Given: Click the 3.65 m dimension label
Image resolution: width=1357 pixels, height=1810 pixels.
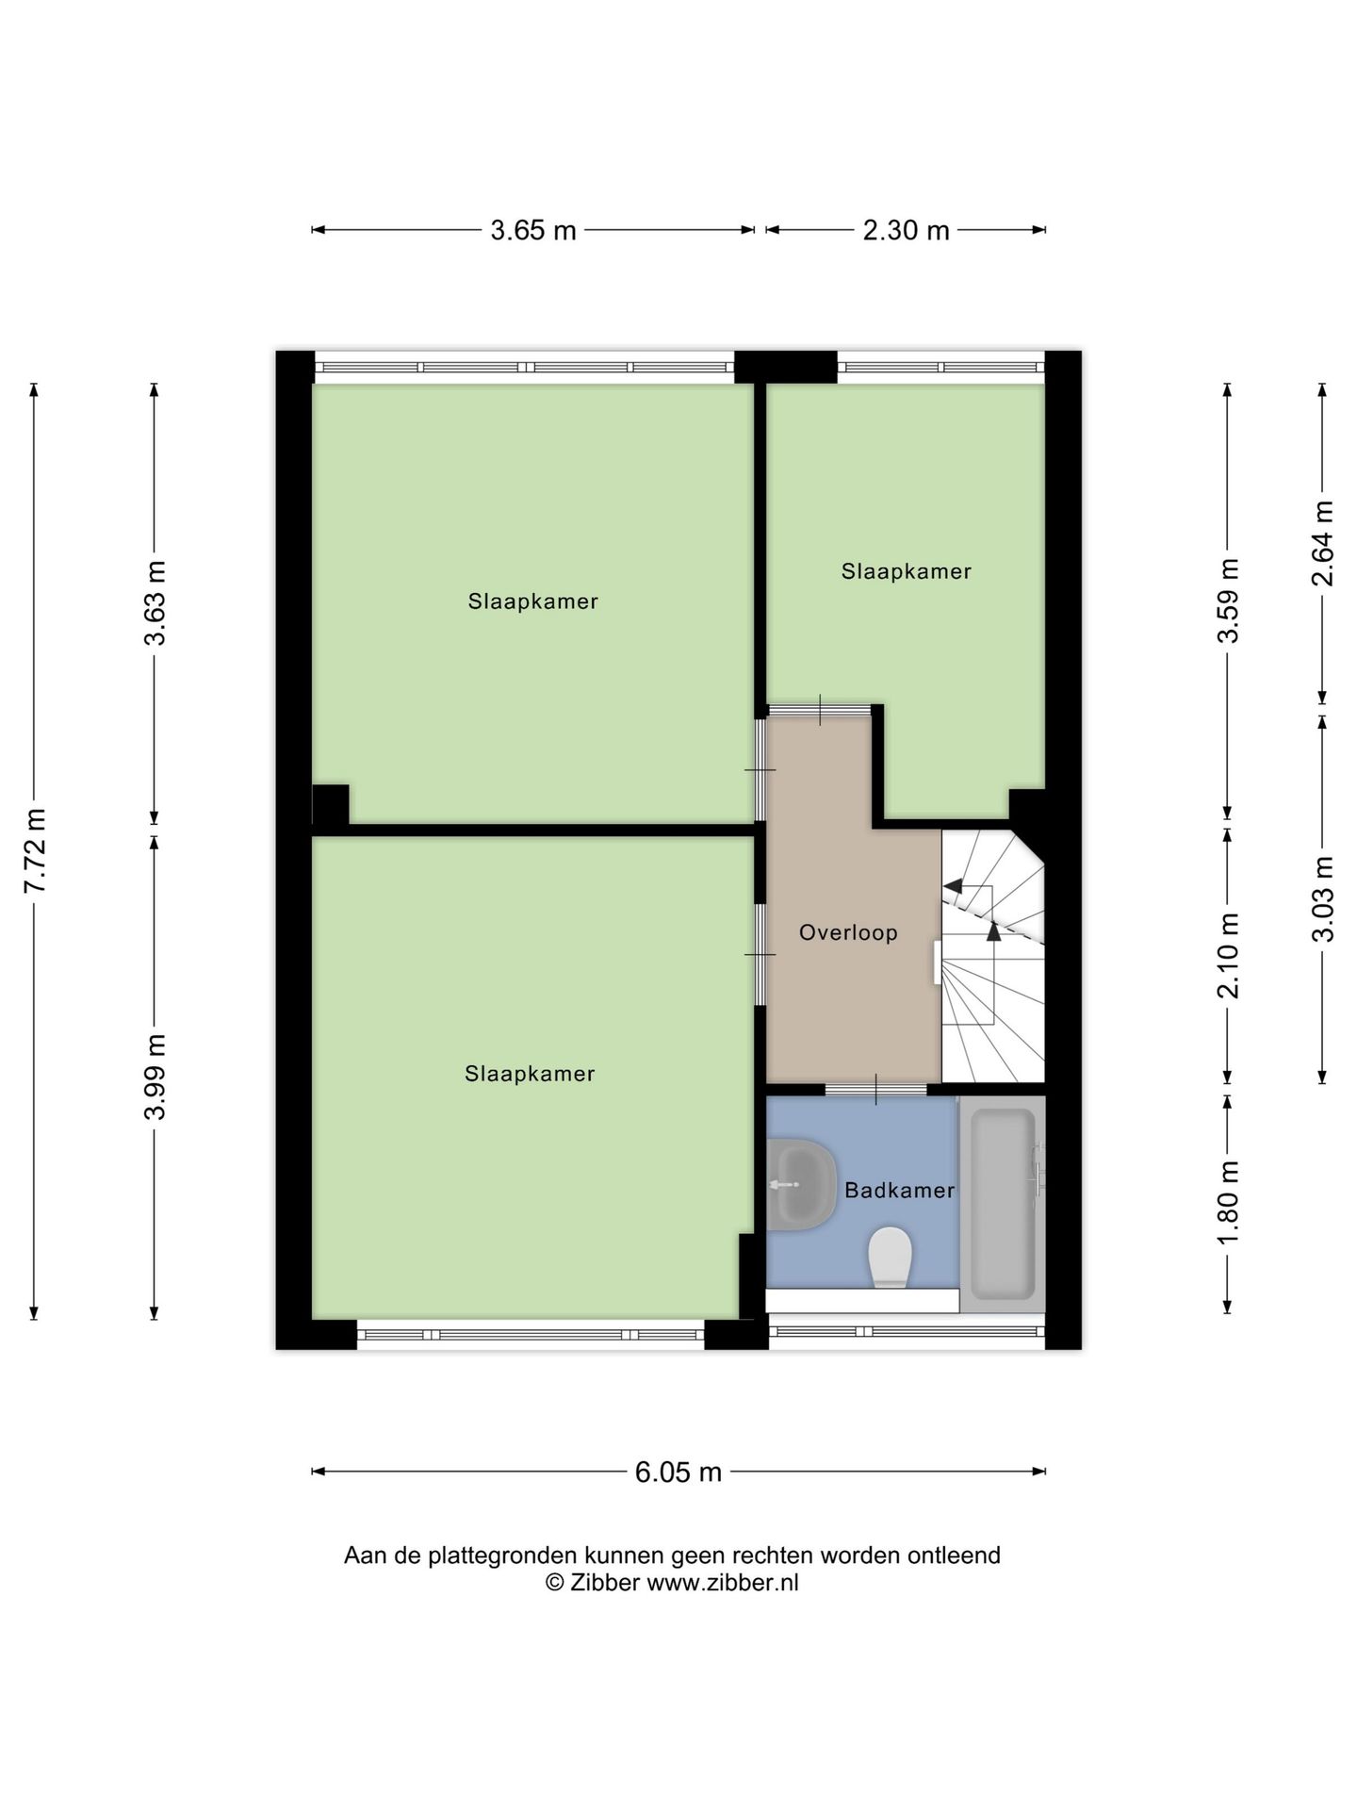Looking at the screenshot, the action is pyautogui.click(x=532, y=230).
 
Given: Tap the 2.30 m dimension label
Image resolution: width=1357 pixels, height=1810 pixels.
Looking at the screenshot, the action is pyautogui.click(x=906, y=230).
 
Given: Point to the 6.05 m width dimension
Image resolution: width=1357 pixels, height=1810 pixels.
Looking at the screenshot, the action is pyautogui.click(x=678, y=1472).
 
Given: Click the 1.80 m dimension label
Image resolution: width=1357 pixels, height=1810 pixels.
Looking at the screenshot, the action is pyautogui.click(x=1227, y=1203).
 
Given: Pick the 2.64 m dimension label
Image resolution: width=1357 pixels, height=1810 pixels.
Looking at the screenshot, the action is pyautogui.click(x=1322, y=543).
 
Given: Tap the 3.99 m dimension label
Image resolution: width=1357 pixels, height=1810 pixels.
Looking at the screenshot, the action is pyautogui.click(x=155, y=1076).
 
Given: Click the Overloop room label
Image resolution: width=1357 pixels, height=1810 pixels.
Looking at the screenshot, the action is pyautogui.click(x=848, y=932).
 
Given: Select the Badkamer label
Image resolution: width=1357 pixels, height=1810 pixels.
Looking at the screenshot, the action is pyautogui.click(x=900, y=1190).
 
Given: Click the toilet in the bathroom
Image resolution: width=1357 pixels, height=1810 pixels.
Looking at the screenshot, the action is pyautogui.click(x=890, y=1258).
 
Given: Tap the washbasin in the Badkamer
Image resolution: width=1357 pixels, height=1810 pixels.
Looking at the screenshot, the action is pyautogui.click(x=801, y=1184).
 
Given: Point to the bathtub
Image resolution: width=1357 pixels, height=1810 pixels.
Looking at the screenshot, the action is pyautogui.click(x=1003, y=1204).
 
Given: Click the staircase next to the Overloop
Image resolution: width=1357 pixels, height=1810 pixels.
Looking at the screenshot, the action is pyautogui.click(x=993, y=956).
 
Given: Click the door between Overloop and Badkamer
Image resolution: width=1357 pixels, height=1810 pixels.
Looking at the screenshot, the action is pyautogui.click(x=876, y=1090).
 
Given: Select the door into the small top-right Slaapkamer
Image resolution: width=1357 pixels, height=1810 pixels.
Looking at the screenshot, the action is pyautogui.click(x=820, y=710).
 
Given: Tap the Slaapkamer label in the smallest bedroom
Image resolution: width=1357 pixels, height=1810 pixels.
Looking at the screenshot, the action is pyautogui.click(x=907, y=571).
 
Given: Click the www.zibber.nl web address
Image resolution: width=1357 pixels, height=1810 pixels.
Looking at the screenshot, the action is pyautogui.click(x=722, y=1583).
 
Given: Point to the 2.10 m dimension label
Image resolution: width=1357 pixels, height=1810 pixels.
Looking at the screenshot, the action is pyautogui.click(x=1227, y=956).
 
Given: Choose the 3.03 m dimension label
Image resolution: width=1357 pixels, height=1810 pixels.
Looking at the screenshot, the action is pyautogui.click(x=1322, y=898).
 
